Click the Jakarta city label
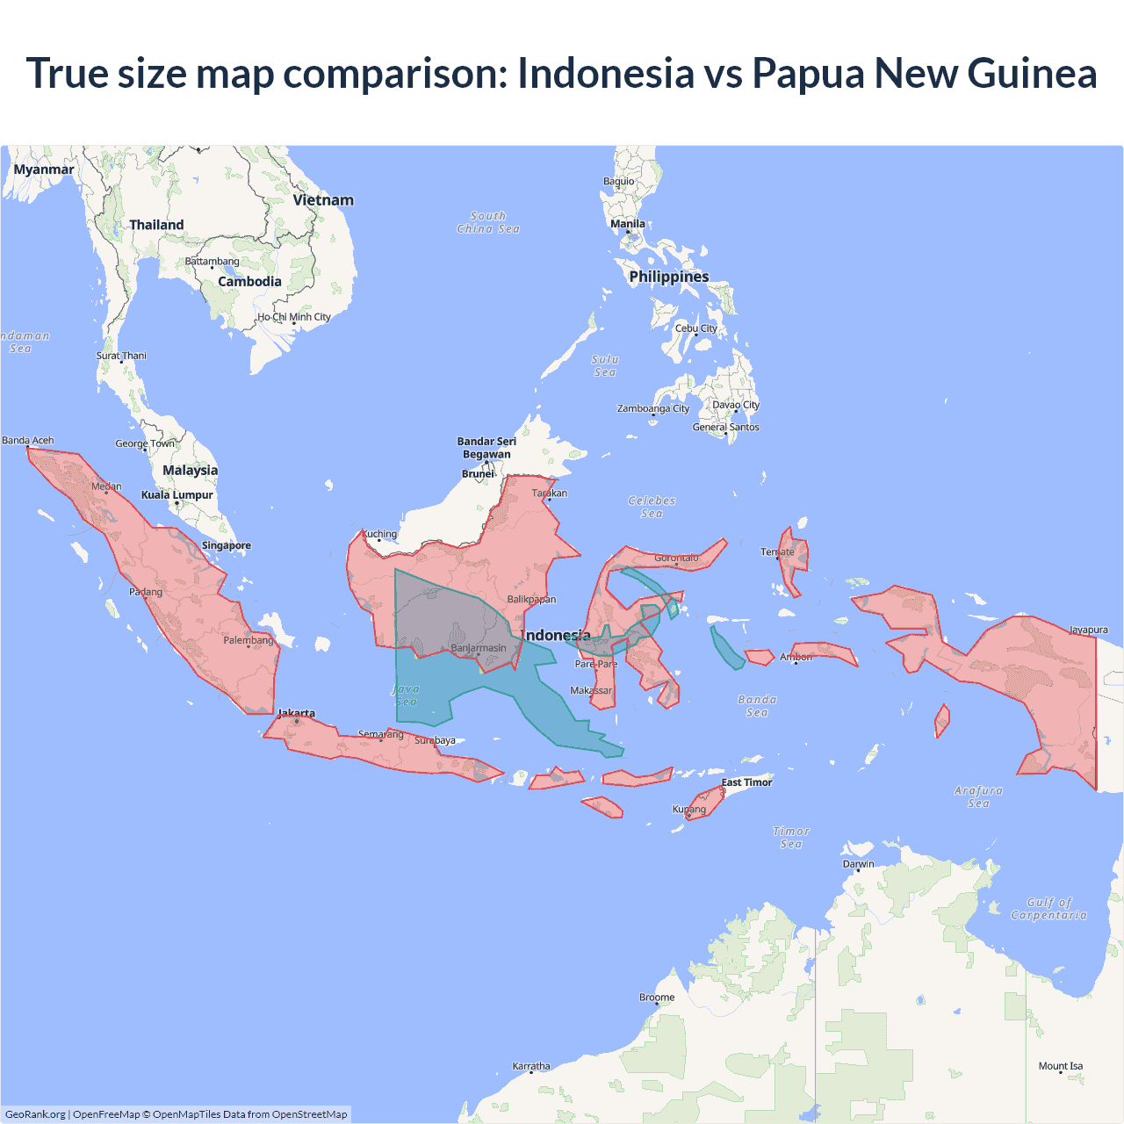click(x=297, y=713)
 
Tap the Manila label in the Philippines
click(x=628, y=224)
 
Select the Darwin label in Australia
click(x=858, y=864)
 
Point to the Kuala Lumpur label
click(x=177, y=495)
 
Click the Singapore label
click(x=227, y=545)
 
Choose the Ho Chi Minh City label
click(x=294, y=317)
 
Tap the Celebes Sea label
click(x=652, y=507)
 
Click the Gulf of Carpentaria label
click(x=1048, y=909)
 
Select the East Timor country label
click(x=746, y=782)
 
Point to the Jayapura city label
click(x=1088, y=630)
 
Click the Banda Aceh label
click(x=28, y=440)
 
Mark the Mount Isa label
click(x=1061, y=1066)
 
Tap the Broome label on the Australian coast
click(x=657, y=998)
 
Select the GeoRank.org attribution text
click(x=35, y=1114)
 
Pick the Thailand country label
click(x=156, y=225)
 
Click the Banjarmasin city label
click(x=479, y=648)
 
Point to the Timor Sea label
click(x=791, y=838)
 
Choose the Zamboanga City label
click(x=653, y=408)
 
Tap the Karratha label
click(x=531, y=1066)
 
